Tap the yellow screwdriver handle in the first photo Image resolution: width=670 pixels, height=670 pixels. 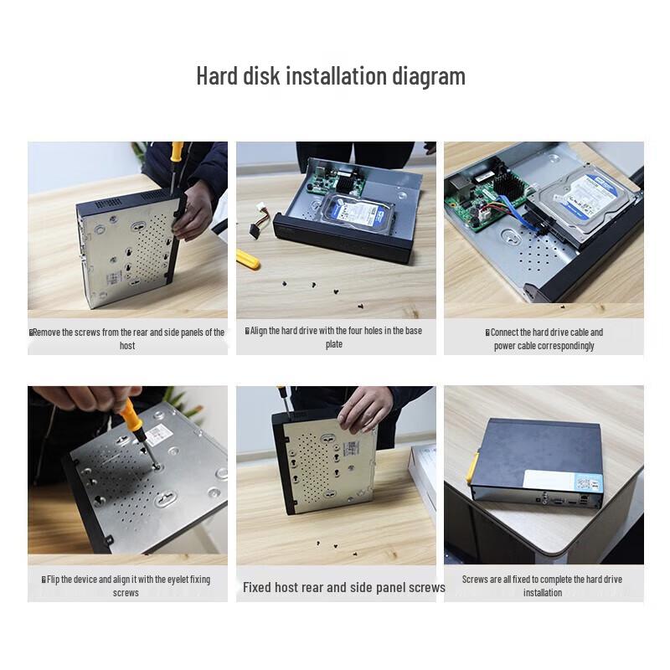coord(177,152)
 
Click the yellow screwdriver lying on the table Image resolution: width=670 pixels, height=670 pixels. coord(247,259)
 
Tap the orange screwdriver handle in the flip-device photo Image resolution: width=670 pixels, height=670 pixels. coord(131,416)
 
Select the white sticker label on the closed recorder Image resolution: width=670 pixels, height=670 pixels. coord(564,482)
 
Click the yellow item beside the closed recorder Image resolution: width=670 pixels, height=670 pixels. coord(472,469)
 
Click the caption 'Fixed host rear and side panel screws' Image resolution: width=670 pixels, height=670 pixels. coord(343,587)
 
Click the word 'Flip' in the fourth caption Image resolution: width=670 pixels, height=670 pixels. coord(55,580)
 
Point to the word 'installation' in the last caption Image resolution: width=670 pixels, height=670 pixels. coord(543,593)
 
